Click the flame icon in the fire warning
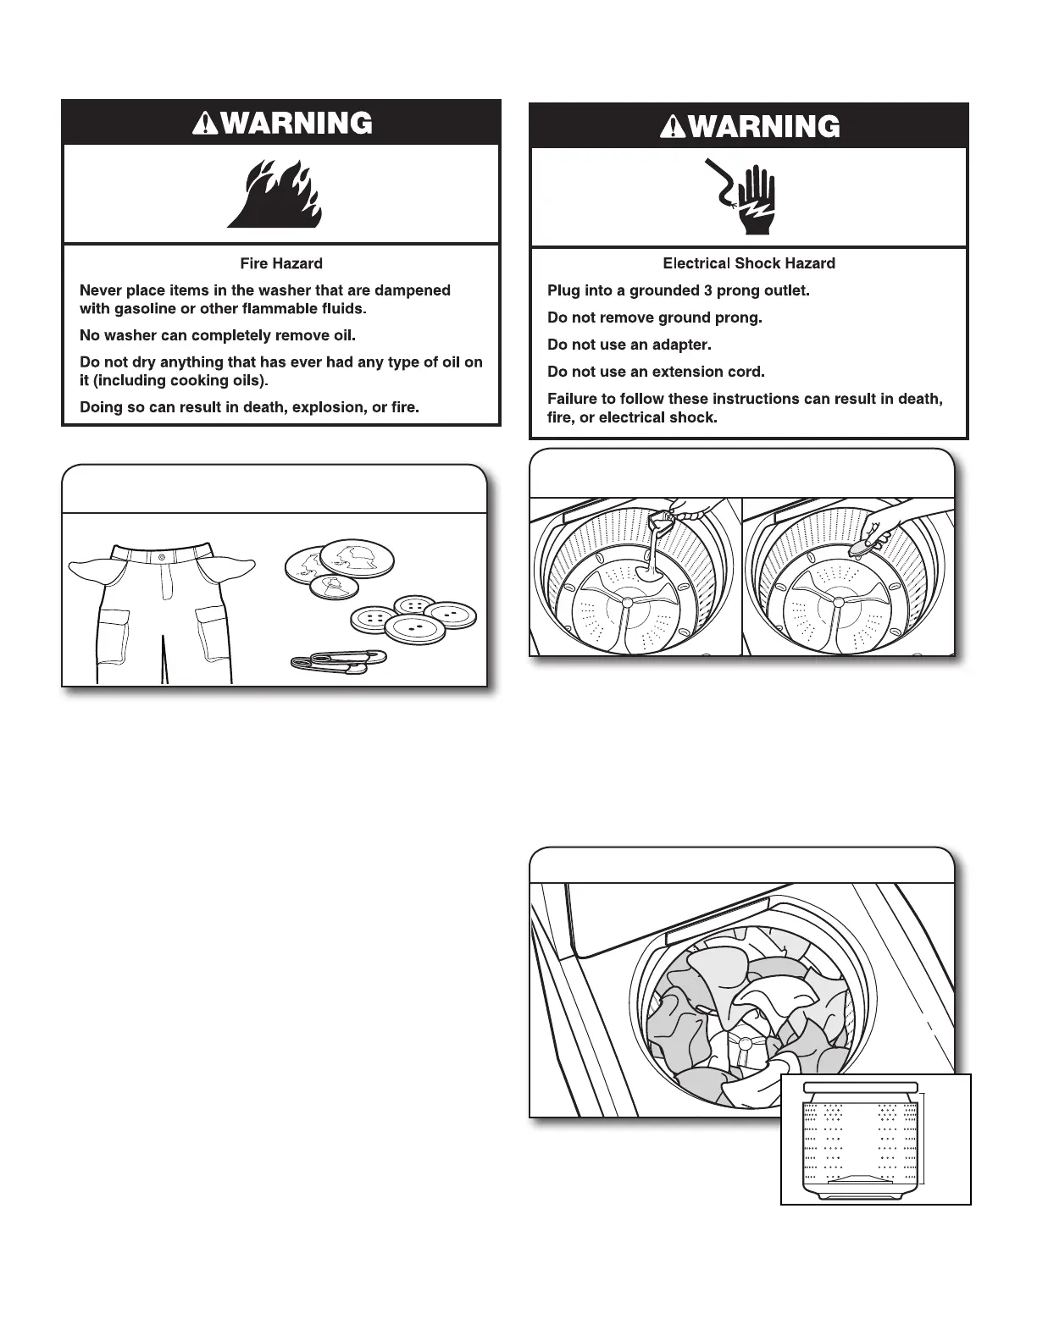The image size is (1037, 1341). point(274,196)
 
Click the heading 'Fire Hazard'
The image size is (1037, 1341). point(281,263)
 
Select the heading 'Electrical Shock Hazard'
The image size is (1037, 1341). point(749,263)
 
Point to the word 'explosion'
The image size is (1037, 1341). point(325,407)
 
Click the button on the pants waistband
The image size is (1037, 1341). point(162,555)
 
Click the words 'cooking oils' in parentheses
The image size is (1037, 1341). point(217,380)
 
